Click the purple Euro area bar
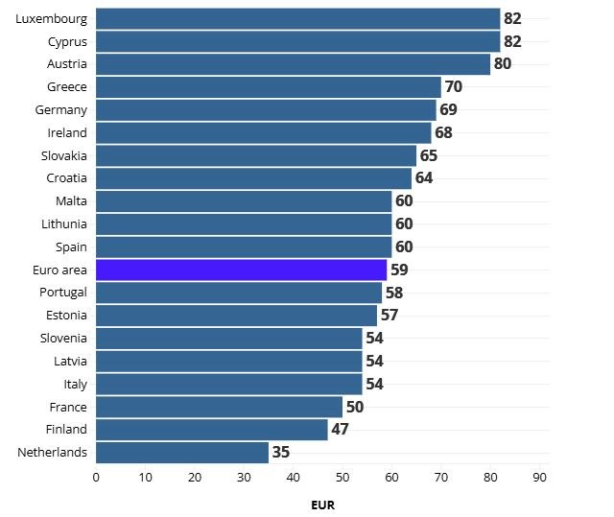tap(241, 270)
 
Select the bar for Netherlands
tap(182, 452)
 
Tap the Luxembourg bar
tap(297, 18)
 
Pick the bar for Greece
tap(268, 87)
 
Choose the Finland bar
tap(211, 429)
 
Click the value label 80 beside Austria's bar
tap(503, 64)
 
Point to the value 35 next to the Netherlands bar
tap(280, 452)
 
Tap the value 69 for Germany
tap(448, 109)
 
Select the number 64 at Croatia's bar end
tap(424, 178)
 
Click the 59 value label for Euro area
tap(399, 270)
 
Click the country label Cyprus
tap(67, 41)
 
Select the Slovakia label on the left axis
tap(64, 155)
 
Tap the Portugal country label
tap(63, 292)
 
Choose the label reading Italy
tap(75, 384)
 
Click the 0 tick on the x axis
tap(96, 476)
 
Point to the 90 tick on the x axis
tap(540, 476)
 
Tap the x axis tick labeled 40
tap(293, 476)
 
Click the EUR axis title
tap(322, 504)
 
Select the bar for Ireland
tap(263, 132)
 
